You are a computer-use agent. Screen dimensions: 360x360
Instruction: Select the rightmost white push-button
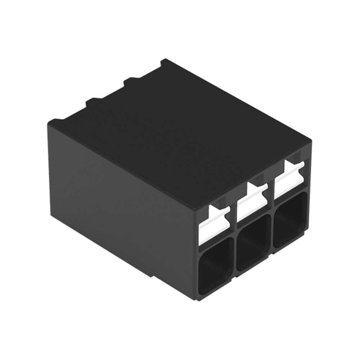click(289, 181)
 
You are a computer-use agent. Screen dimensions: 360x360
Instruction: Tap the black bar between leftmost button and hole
click(215, 238)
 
